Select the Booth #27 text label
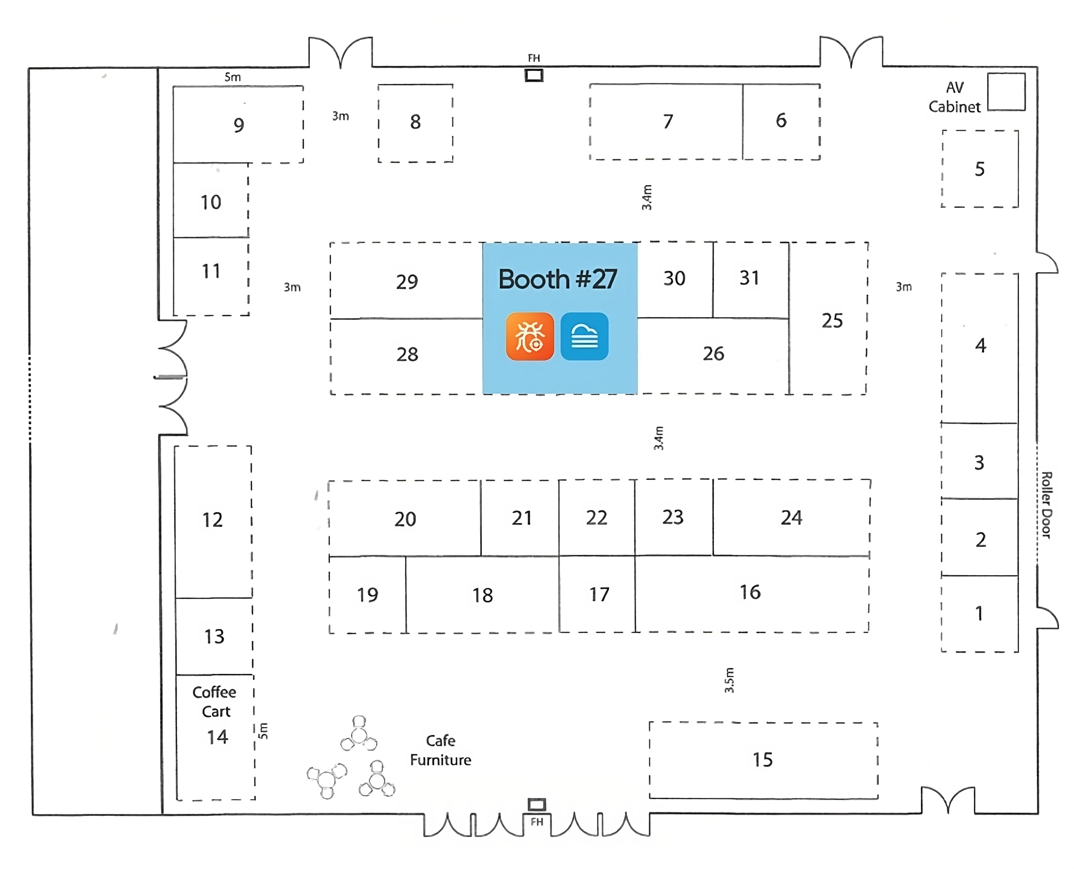(x=558, y=279)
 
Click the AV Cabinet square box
(x=1006, y=92)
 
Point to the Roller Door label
(x=1046, y=505)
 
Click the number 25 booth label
(x=832, y=321)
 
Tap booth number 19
(x=368, y=595)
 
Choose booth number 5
(x=980, y=169)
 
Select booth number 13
(x=214, y=636)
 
